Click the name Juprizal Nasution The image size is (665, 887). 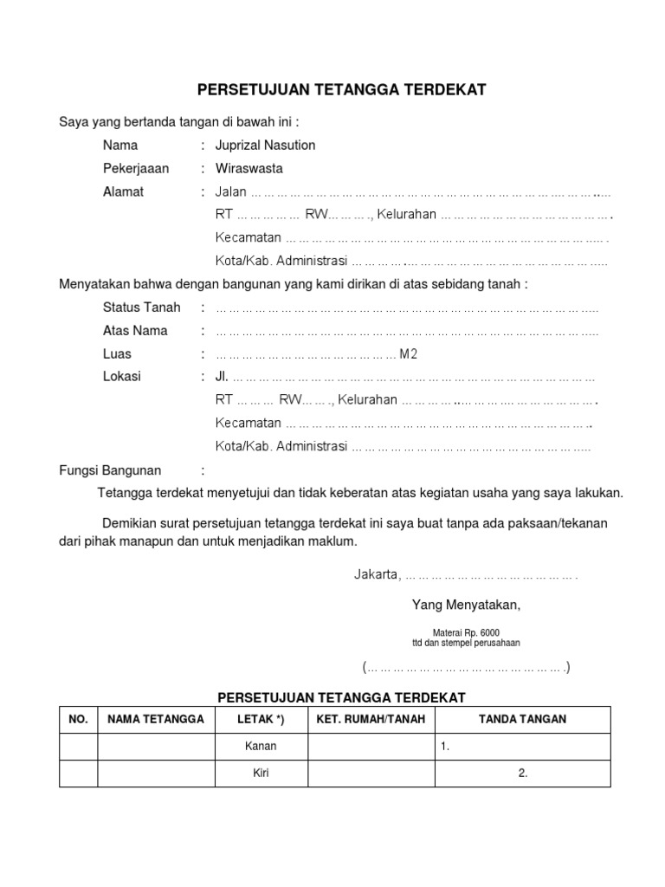(x=265, y=146)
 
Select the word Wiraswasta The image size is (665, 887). (x=249, y=169)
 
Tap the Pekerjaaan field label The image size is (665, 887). (x=136, y=169)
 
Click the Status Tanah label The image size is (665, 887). (x=141, y=308)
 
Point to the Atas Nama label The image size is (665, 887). (x=135, y=331)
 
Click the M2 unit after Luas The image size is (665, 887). (x=408, y=354)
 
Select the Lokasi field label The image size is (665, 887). (x=121, y=377)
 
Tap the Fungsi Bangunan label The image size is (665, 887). (x=110, y=470)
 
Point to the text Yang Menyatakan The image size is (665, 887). (x=467, y=605)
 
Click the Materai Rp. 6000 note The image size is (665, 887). (x=466, y=633)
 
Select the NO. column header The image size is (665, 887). (x=78, y=720)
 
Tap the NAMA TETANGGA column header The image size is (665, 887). (x=156, y=720)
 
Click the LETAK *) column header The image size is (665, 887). (x=261, y=720)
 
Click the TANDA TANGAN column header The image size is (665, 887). (x=523, y=720)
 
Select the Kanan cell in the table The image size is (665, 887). (x=261, y=747)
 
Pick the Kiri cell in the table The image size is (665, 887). (x=261, y=774)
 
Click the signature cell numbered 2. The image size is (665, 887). (x=523, y=774)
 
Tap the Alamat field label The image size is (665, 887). (x=124, y=192)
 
